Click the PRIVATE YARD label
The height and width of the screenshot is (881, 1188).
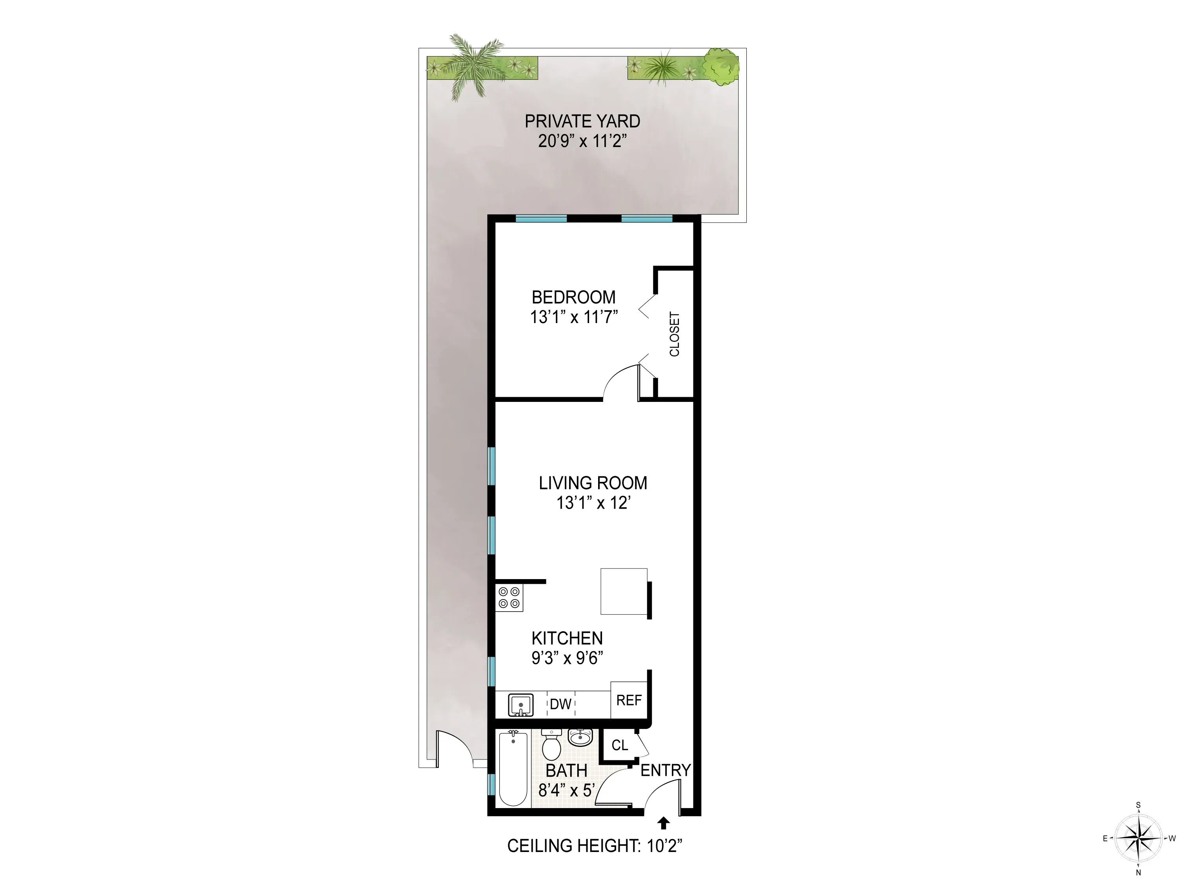[x=582, y=122]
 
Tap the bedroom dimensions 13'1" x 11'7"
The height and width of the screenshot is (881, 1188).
[x=573, y=317]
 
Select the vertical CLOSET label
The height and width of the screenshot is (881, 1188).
[x=674, y=334]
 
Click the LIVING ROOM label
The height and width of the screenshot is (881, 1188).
[x=593, y=483]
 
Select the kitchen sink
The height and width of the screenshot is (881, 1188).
[x=520, y=705]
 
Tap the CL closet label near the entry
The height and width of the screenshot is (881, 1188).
[x=619, y=745]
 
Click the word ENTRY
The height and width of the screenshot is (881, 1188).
[x=665, y=770]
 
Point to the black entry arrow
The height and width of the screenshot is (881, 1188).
[x=663, y=823]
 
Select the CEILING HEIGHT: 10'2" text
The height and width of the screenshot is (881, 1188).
[x=594, y=846]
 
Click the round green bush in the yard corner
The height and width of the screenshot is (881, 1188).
[x=721, y=67]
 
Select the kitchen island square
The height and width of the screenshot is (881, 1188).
[x=624, y=591]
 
